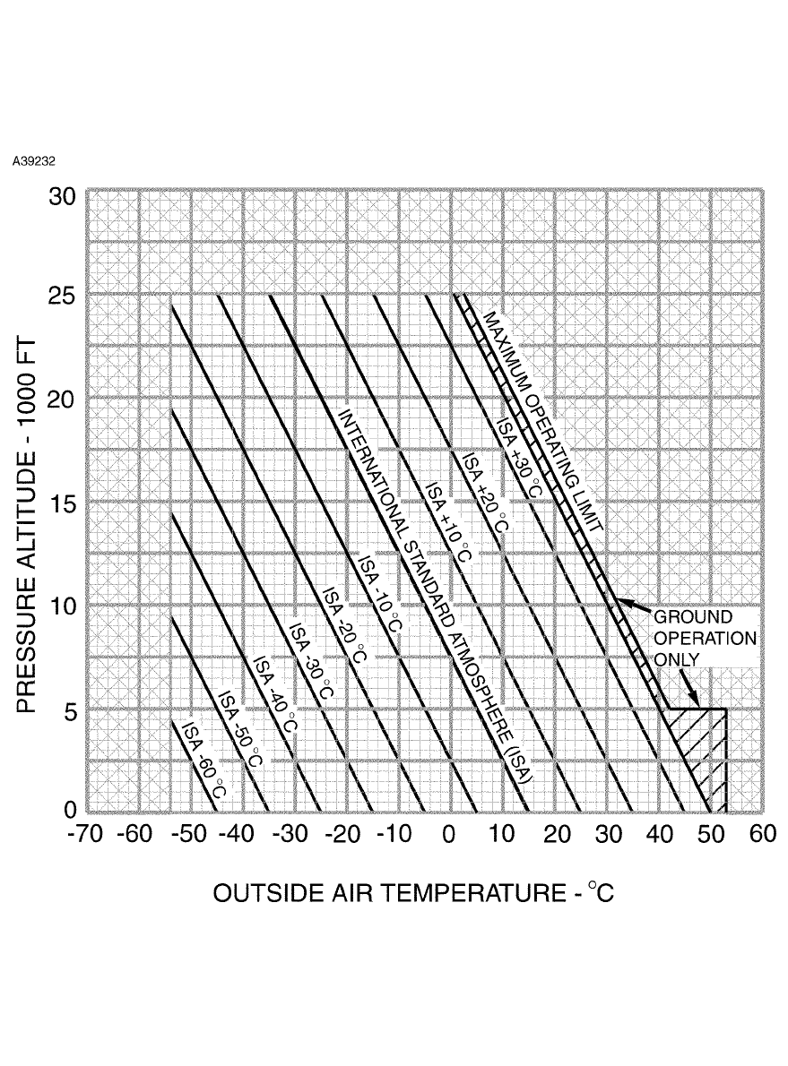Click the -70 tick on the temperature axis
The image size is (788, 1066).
point(86,835)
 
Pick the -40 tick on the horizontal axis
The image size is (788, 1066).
point(239,835)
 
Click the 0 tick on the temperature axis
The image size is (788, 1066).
point(448,835)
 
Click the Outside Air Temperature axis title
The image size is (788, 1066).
point(413,893)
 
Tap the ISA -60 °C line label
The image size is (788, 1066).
point(203,760)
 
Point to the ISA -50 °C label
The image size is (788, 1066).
point(240,729)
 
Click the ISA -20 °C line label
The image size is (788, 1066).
point(345,625)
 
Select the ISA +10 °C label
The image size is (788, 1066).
point(447,522)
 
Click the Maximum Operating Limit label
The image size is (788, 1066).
point(541,421)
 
